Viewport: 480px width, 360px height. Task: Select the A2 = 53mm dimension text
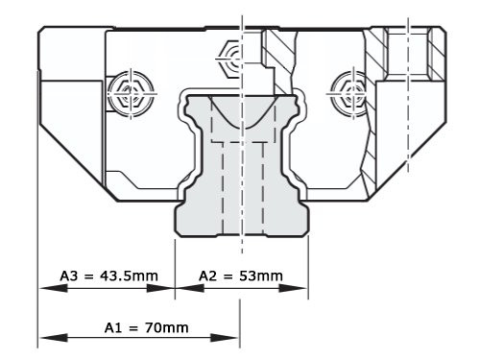[240, 276]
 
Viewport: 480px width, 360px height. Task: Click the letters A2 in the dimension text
[208, 276]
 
